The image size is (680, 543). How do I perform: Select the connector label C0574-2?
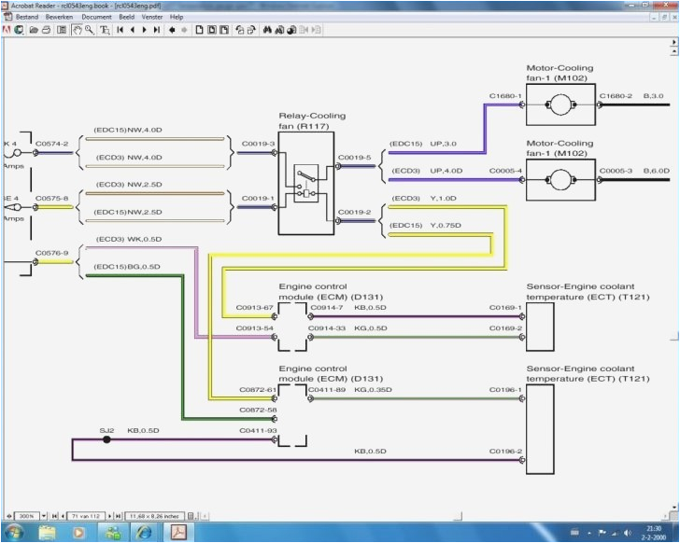(52, 145)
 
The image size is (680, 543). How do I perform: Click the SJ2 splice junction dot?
(106, 439)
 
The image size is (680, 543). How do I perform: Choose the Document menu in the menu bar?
(96, 17)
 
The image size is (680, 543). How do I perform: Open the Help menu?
(177, 17)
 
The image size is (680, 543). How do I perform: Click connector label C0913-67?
(255, 307)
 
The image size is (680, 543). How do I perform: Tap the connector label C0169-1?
(505, 307)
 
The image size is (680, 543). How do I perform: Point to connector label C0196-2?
(505, 452)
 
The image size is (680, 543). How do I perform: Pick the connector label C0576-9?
(52, 252)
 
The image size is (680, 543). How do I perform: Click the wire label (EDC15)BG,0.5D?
(127, 267)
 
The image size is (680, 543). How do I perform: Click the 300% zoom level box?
(25, 515)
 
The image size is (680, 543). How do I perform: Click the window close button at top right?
(671, 5)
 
